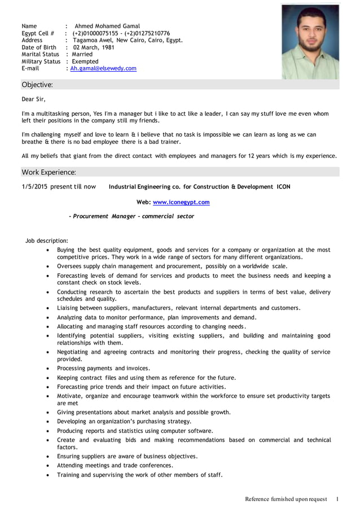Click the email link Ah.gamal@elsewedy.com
click(103, 68)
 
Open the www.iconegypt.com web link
click(181, 202)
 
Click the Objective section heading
click(37, 85)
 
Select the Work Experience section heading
click(49, 172)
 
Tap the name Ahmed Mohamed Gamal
click(107, 26)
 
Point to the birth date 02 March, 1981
click(94, 47)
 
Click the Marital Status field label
click(40, 54)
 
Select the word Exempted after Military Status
click(85, 62)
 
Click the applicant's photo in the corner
click(310, 41)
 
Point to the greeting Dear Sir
click(33, 99)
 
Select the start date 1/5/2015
click(34, 187)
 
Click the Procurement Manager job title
click(131, 216)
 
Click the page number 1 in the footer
click(337, 499)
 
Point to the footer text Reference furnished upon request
click(286, 499)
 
